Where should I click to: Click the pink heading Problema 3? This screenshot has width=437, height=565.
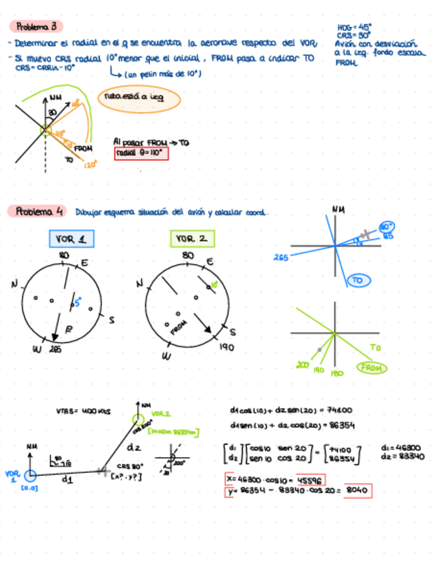37,27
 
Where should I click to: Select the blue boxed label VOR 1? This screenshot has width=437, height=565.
71,239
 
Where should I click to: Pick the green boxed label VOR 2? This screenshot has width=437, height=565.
191,239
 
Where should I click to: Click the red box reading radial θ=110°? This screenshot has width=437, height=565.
142,154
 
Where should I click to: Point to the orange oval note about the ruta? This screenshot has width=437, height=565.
139,99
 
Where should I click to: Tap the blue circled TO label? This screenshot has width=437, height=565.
358,281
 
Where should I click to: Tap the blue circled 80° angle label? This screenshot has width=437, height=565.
387,228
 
